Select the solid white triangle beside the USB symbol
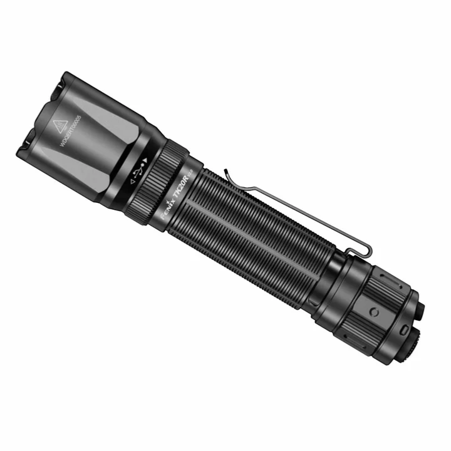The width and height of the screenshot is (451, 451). [149, 158]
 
